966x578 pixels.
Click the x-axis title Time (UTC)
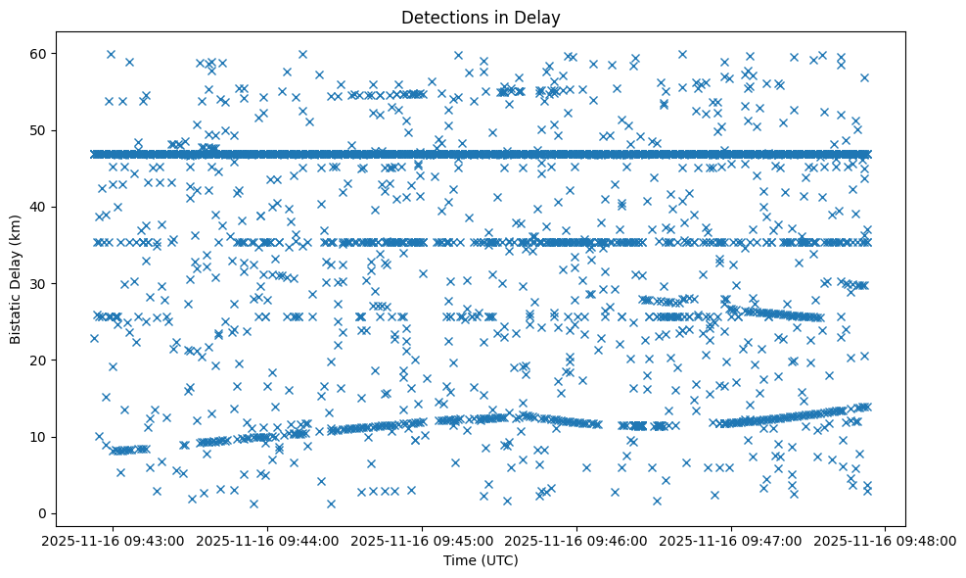[481, 560]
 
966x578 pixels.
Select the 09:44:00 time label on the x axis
[266, 540]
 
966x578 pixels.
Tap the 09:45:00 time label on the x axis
[422, 540]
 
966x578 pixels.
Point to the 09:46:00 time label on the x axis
[576, 540]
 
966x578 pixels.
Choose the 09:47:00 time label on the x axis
[731, 540]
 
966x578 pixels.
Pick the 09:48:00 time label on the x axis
[886, 540]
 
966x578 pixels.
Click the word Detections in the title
[441, 17]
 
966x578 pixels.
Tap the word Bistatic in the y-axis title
[16, 313]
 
